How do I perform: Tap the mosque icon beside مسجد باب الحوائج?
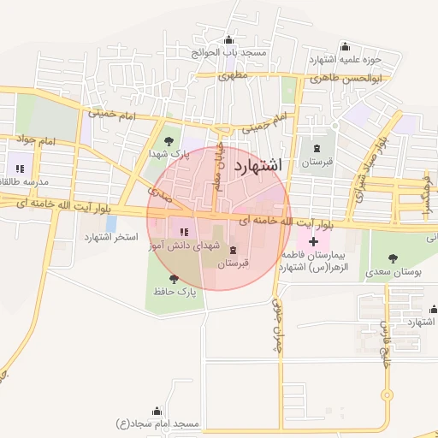coord(228,40)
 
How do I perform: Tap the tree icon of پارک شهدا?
coord(169,140)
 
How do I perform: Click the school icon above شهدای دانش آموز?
coord(182,231)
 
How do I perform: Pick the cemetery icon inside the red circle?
coord(234,250)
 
